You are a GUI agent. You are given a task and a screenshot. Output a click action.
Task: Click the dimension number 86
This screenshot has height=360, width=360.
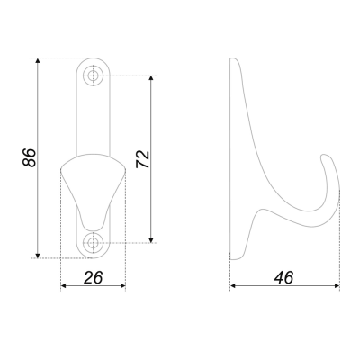coord(29,157)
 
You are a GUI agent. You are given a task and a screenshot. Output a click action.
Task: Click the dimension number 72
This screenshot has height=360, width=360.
coord(142,159)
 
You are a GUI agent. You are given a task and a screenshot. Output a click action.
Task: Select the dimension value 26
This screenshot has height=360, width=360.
coord(94,277)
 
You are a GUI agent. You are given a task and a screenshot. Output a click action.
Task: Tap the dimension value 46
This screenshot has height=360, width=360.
coord(283,277)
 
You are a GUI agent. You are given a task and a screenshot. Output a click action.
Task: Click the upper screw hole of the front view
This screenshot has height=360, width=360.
coord(94,76)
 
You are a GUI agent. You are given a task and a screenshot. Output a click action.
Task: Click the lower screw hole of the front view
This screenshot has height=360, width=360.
coord(94,242)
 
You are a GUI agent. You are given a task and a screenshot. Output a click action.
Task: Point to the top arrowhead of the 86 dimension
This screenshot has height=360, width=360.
coord(38,60)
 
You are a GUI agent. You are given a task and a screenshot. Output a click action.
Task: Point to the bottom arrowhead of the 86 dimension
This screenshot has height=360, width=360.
coord(38,256)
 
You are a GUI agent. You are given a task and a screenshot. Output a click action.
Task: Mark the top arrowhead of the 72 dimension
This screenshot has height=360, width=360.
coord(151,78)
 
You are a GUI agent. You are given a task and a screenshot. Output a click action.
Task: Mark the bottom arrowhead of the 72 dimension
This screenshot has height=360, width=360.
coord(151,239)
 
